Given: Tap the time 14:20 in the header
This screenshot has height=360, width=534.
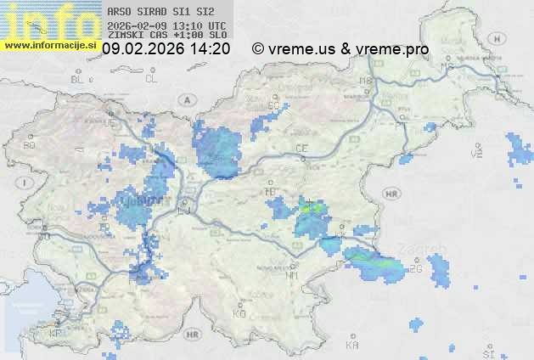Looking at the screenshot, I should [x=211, y=49].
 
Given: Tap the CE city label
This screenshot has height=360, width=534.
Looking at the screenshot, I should [x=301, y=149].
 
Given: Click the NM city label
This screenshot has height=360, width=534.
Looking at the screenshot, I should [x=293, y=275].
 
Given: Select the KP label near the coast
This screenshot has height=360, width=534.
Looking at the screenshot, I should [x=55, y=334].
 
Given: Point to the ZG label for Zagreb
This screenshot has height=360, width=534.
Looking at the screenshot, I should [x=415, y=269].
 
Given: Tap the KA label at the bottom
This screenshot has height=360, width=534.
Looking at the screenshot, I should [x=352, y=346].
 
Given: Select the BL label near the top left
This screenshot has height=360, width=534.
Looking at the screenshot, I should [x=79, y=79].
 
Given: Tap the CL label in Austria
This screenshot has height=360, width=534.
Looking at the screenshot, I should [x=152, y=79].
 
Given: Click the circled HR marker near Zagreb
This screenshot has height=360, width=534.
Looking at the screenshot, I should [x=391, y=194].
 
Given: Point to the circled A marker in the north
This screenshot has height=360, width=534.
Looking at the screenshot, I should [x=185, y=99].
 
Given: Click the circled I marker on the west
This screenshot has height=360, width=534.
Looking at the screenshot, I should [x=26, y=183].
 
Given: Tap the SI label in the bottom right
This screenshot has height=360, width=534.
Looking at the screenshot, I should [x=487, y=352].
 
